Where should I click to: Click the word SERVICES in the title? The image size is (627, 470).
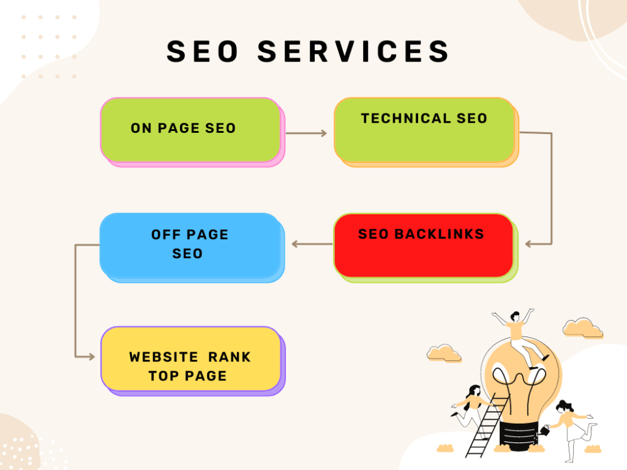pos(354,51)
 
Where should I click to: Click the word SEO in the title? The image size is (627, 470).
pos(203,51)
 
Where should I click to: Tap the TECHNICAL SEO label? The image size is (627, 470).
pos(424,118)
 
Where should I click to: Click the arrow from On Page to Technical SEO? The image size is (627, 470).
pos(307,133)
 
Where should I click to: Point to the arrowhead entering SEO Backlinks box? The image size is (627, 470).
pos(528,244)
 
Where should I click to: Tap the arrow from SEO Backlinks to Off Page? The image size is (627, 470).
pos(312,244)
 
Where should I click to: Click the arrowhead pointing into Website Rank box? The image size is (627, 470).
pos(92,357)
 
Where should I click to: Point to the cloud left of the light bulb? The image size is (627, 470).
pos(444,353)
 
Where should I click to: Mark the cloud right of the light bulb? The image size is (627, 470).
pos(582,328)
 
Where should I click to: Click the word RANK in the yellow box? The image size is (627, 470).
pos(229,357)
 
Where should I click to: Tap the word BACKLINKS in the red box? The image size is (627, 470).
pos(439,234)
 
